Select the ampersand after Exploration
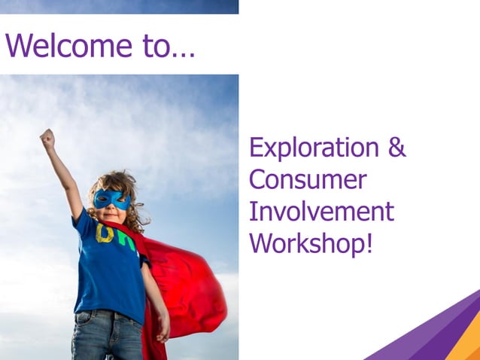tap(396, 147)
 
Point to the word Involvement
tap(321, 212)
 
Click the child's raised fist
tap(47, 138)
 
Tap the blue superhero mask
tap(111, 200)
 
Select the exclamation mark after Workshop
tap(368, 243)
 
